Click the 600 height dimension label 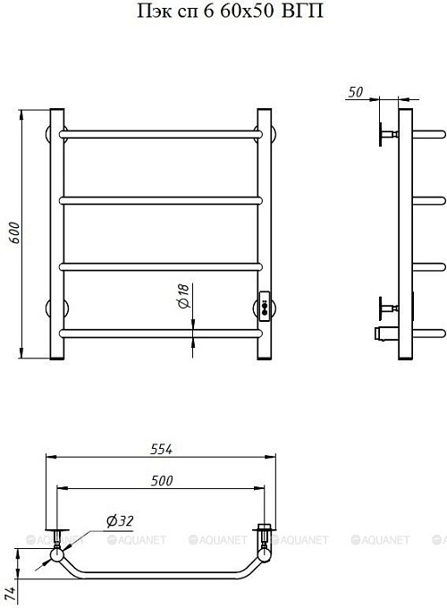[14, 232]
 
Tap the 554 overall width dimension [161, 449]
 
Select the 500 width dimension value [162, 481]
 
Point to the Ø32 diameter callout [120, 521]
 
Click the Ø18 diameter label [183, 296]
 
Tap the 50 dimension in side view [356, 92]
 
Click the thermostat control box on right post [265, 307]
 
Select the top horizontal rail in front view [161, 134]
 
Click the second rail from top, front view [161, 200]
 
